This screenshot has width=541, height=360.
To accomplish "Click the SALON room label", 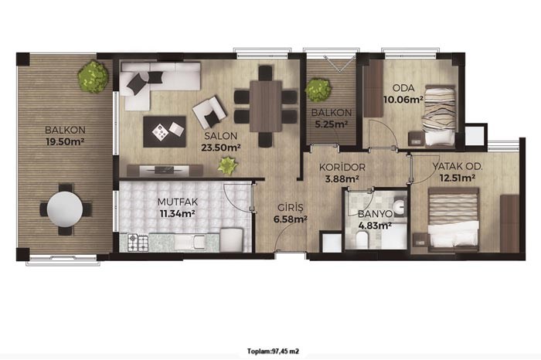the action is pos(220,135).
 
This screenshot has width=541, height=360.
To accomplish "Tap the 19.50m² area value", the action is pos(65,141).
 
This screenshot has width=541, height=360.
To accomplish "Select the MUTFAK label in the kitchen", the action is pos(177,202).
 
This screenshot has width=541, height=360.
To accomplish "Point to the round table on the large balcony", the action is pos(65,209).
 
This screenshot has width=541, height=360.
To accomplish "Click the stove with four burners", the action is pos(138,243).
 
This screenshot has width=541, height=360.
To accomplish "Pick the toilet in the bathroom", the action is pos(362,239).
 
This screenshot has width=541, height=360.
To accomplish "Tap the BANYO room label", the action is pos(375,214).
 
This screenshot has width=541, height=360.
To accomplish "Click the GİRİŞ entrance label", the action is pos(291,208).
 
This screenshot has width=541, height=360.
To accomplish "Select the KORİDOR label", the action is pos(342,168).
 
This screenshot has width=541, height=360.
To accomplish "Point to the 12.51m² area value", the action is pos(458,178).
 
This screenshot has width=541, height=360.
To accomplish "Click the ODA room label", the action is pos(403,88).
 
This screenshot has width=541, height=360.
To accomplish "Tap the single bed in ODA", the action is pos(439,116).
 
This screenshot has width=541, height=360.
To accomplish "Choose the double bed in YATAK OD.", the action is pos(454,219).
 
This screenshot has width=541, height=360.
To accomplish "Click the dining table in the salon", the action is pos(266,106).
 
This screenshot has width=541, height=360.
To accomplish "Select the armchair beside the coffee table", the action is pos(209,112).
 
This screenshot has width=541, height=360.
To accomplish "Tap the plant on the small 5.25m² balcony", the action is pos(318,90).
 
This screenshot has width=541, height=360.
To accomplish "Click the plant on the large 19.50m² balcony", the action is pos(94,76).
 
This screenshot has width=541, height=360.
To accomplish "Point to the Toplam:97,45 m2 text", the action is pos(273,352).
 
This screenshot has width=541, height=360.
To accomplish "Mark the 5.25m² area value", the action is pos(332,124).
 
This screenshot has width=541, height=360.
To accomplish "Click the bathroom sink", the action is pos(400,207).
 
